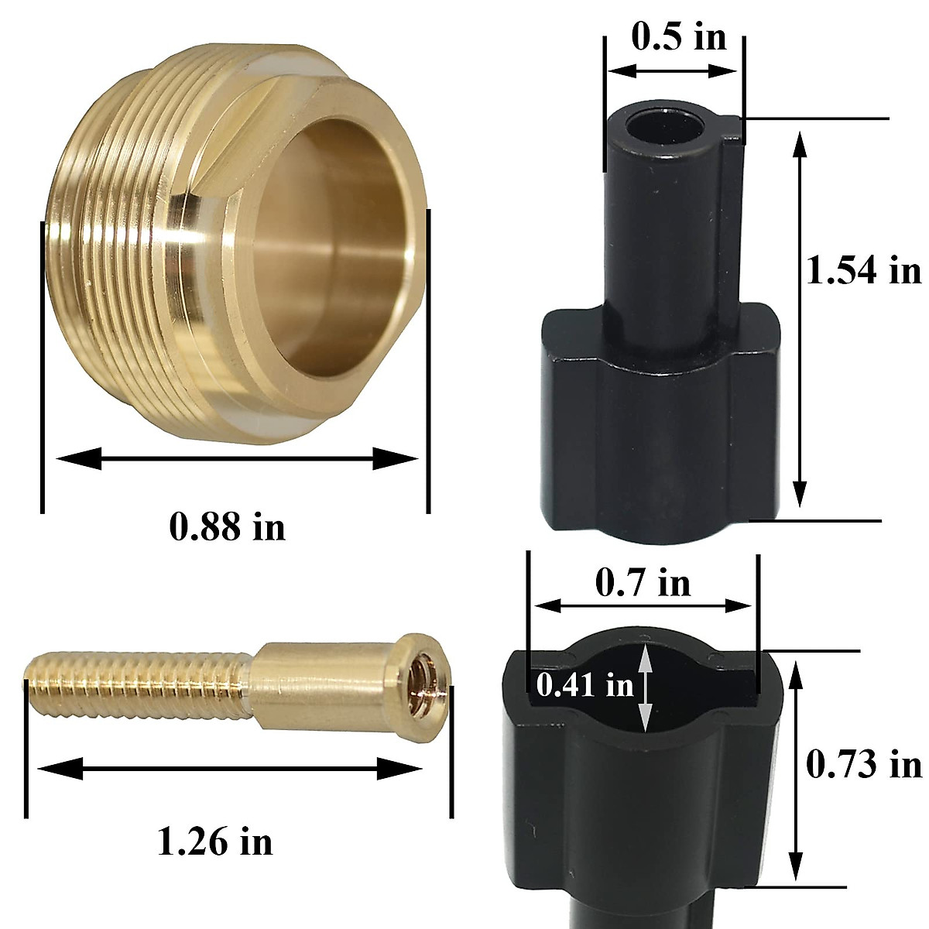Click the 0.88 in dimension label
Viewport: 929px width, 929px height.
(x=227, y=527)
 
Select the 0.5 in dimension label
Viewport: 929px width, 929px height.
(x=679, y=36)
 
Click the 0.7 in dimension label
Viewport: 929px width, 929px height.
(x=643, y=581)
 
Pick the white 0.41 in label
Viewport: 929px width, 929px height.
(x=584, y=684)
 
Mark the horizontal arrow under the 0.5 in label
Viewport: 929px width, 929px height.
(x=672, y=70)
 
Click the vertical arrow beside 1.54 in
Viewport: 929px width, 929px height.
(x=800, y=317)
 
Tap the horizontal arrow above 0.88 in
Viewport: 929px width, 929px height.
(x=236, y=458)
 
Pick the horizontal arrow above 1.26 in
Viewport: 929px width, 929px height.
(x=230, y=769)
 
